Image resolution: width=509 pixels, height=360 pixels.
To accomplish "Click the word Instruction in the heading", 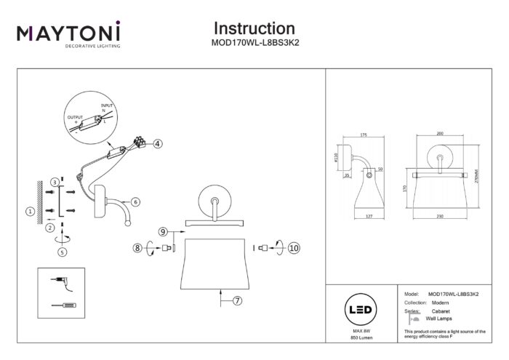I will tap(254, 28).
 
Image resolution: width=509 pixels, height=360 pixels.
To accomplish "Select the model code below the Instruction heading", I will tap(254, 43).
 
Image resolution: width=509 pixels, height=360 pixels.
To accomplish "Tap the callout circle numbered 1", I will tap(30, 212).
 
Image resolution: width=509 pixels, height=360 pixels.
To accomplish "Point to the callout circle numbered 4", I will tap(157, 144).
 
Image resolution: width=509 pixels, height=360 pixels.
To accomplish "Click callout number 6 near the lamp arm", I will tap(135, 201).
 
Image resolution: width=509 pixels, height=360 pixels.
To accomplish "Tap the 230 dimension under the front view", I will tap(438, 215).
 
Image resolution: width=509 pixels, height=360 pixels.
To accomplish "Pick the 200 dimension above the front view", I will tap(438, 134).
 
